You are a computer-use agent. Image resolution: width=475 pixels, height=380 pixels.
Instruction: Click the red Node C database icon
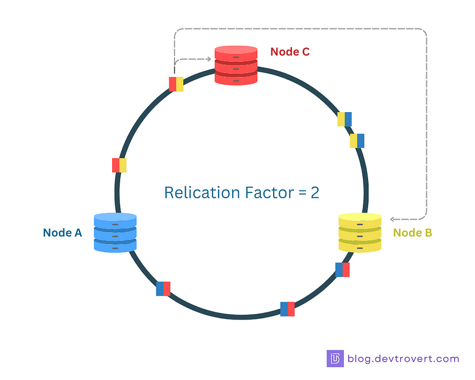(x=236, y=65)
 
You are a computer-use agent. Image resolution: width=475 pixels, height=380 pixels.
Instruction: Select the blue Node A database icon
(x=115, y=233)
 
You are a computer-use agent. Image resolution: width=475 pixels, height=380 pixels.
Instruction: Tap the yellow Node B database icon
(x=359, y=233)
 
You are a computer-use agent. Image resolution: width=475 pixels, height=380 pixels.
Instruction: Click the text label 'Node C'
(x=290, y=52)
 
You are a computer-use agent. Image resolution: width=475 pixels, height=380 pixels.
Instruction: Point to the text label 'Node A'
(x=62, y=233)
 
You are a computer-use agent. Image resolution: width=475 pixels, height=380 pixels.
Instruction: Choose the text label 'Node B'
(x=413, y=233)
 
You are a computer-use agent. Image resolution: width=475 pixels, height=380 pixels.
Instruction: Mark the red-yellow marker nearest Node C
(x=176, y=84)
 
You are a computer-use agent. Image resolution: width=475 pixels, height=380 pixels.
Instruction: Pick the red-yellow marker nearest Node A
(x=119, y=165)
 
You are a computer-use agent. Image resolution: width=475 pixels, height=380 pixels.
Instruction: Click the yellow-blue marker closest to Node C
(x=344, y=119)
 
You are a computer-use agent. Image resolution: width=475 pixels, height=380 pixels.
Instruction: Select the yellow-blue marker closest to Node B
(x=357, y=141)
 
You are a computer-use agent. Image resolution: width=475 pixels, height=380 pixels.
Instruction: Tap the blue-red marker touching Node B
(x=343, y=270)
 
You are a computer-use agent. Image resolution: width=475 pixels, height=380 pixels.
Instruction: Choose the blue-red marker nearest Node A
(x=163, y=289)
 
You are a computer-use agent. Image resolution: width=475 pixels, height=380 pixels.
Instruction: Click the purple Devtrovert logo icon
(x=335, y=359)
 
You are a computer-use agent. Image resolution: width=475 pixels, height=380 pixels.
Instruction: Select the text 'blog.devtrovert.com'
(x=403, y=359)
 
